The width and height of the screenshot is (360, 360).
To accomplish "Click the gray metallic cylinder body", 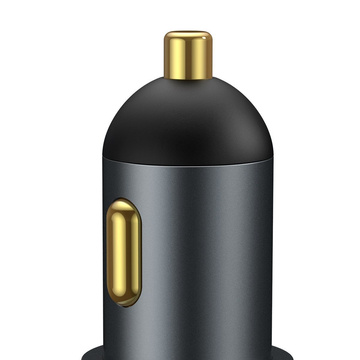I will [210, 250].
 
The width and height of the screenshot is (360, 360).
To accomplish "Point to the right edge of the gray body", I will [271, 250].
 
